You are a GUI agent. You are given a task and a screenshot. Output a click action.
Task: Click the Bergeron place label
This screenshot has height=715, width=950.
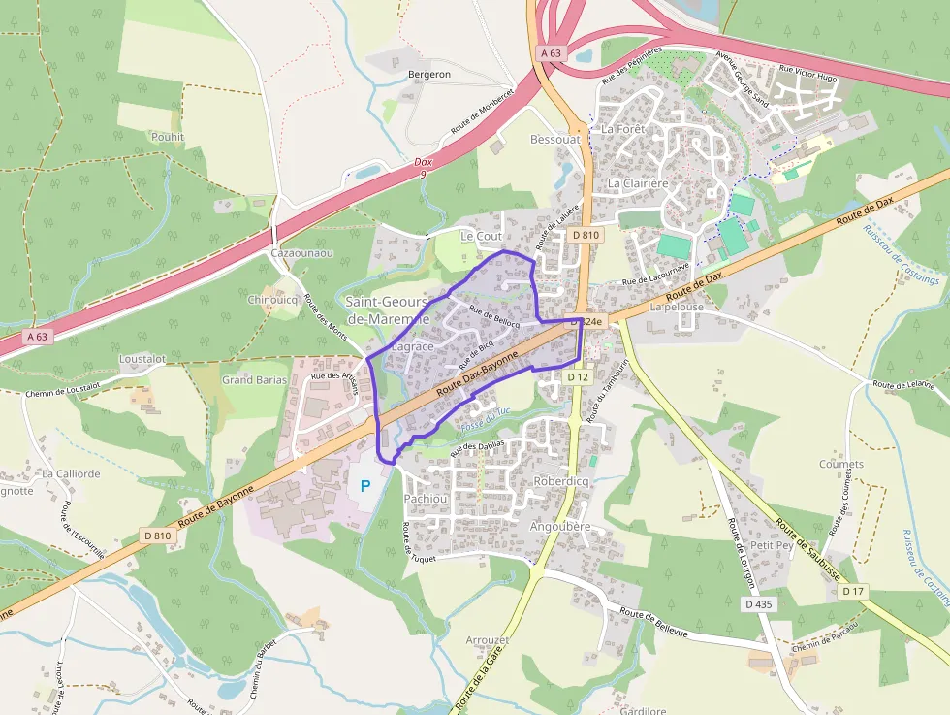tap(430, 75)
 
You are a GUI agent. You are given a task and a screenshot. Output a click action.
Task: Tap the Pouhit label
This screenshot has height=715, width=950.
tap(167, 138)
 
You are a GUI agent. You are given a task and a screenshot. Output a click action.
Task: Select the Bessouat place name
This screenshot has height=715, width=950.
tap(554, 140)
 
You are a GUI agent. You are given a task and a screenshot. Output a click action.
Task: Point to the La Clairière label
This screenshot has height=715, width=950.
tap(638, 182)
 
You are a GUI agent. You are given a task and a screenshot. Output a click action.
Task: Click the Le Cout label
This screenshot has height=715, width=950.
tap(481, 237)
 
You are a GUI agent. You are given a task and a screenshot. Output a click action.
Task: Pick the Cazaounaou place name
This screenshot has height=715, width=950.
tap(302, 253)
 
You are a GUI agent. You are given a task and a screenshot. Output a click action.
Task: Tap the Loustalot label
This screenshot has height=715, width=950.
tap(142, 359)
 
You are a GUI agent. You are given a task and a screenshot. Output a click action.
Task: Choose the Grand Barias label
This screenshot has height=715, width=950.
tap(254, 380)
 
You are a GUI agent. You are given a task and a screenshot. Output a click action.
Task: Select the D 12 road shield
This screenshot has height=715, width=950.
tap(578, 376)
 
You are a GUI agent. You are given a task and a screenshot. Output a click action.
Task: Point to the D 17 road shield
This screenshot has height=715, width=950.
tap(852, 591)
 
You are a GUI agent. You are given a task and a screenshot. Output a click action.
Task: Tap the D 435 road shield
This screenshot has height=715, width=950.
tap(760, 603)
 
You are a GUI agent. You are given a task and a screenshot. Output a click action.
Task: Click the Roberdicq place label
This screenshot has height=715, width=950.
tap(562, 481)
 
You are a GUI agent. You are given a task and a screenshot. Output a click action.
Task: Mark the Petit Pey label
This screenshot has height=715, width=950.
tap(772, 545)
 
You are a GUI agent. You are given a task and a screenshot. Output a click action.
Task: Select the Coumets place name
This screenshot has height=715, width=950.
tap(840, 465)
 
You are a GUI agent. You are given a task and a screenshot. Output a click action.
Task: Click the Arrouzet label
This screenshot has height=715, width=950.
tap(487, 641)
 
